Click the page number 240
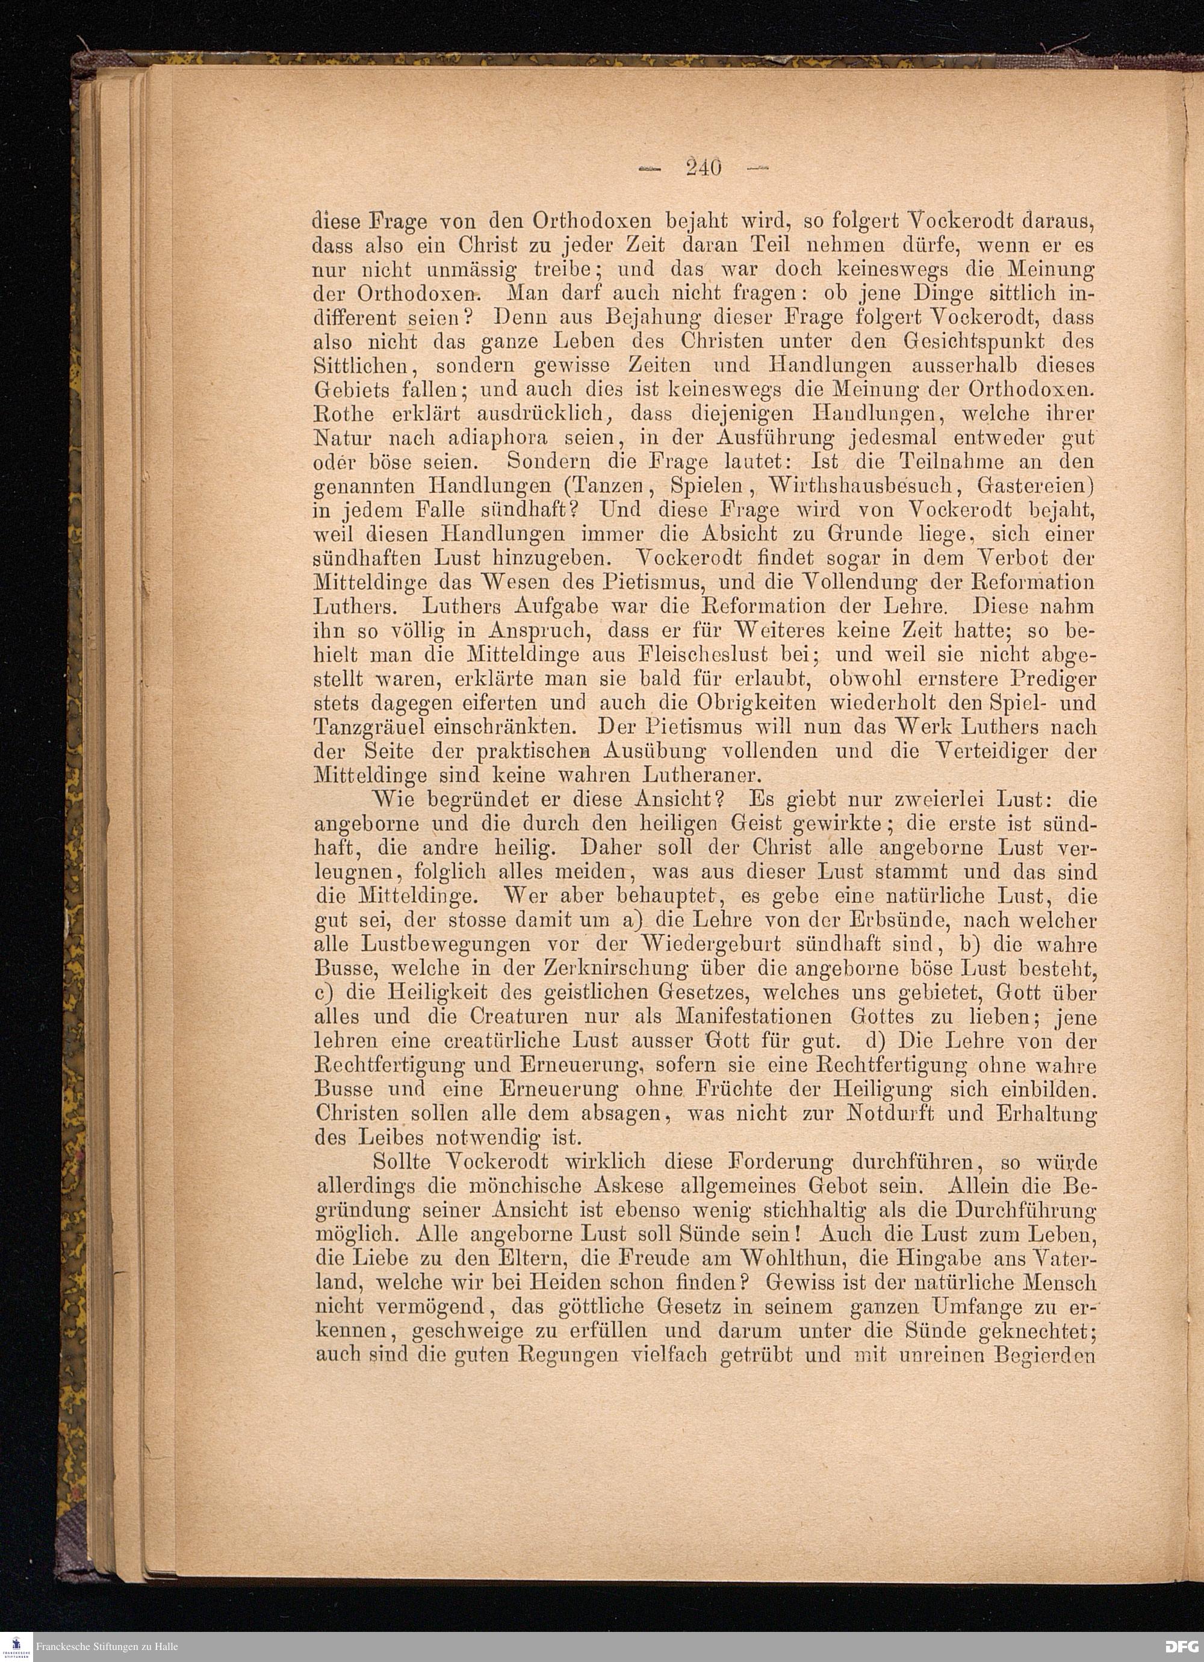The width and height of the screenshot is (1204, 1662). point(704,169)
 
